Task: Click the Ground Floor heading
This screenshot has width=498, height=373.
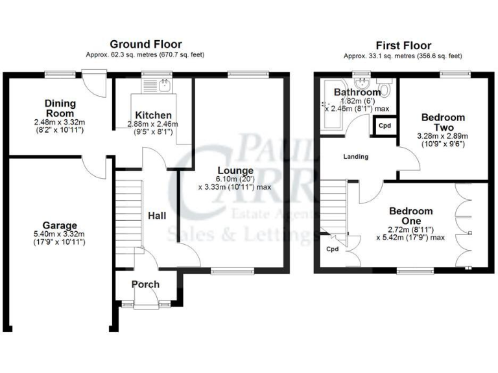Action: coord(145,44)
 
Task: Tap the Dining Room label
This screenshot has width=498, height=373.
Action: coord(60,108)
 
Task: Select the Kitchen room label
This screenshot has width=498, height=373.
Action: coord(153,115)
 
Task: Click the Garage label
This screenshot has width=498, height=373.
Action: coord(60,225)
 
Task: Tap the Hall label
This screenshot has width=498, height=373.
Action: coord(157,215)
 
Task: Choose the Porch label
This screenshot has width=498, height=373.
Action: coord(145,284)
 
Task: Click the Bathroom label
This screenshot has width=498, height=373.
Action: coord(357,93)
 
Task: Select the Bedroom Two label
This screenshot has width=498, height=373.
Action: coord(443,122)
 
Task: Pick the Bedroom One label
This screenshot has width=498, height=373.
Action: coord(410,216)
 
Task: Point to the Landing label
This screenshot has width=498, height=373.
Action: coord(356,157)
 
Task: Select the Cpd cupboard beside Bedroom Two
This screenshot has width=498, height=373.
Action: coord(385,125)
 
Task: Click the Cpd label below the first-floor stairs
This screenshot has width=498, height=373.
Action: coord(333,249)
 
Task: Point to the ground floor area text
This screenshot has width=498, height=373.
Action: coord(145,55)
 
